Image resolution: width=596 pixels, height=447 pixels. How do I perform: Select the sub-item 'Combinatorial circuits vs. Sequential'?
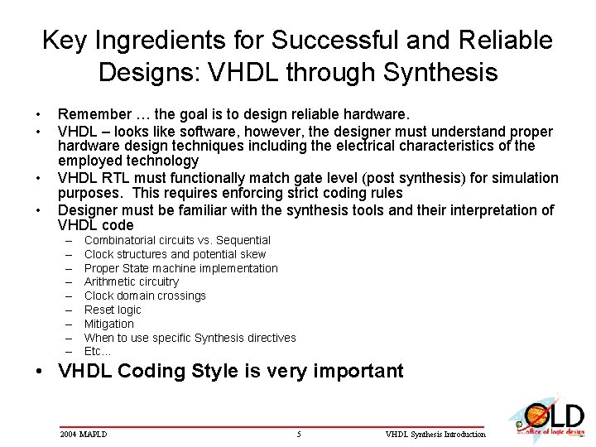tap(177, 240)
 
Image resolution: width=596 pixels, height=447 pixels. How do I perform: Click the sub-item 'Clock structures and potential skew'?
tap(175, 254)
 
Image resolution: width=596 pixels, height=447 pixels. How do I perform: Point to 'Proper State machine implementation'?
tap(180, 268)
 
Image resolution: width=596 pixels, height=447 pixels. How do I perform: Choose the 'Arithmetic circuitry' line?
tap(131, 282)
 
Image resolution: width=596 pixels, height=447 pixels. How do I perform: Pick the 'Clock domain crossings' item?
tap(145, 296)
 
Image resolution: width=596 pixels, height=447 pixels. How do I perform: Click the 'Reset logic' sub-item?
tap(113, 310)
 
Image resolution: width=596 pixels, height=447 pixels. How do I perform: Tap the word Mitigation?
tap(108, 324)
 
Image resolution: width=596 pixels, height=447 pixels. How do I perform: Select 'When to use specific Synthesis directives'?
tap(190, 338)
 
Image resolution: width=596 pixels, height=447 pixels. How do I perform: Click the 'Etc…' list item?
tap(98, 351)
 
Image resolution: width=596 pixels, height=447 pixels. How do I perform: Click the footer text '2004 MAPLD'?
tap(84, 434)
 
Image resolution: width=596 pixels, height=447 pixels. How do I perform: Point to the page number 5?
tap(298, 434)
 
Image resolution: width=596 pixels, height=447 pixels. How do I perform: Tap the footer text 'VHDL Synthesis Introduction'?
tap(436, 434)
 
